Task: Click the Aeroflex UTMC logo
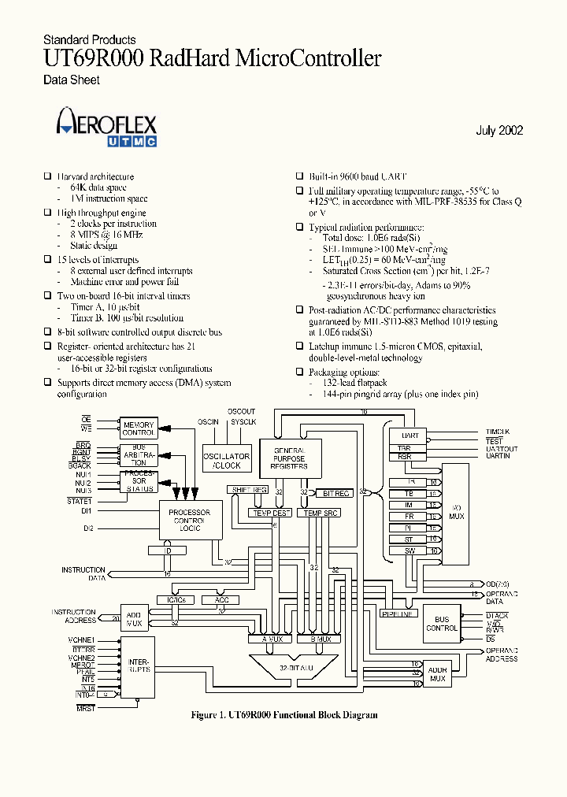[x=106, y=129]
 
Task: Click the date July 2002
[x=499, y=131]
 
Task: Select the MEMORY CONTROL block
[x=138, y=429]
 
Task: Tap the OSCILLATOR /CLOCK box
[x=226, y=461]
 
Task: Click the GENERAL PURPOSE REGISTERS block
[x=289, y=457]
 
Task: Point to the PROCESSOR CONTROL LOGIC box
[x=190, y=521]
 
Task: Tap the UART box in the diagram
[x=409, y=435]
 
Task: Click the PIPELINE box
[x=397, y=614]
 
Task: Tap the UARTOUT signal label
[x=502, y=448]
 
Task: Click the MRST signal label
[x=85, y=709]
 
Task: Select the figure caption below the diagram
[x=284, y=715]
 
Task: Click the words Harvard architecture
[x=95, y=177]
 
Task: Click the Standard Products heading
[x=89, y=39]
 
